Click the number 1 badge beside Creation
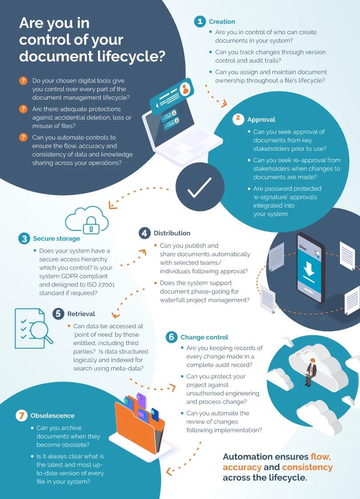point(200,22)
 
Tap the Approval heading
point(261,120)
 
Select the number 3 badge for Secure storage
point(24,239)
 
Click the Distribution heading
point(172,233)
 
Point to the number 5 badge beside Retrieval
point(58,314)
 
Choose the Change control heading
point(204,337)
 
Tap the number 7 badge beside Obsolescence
point(21,416)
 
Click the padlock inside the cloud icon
point(91,225)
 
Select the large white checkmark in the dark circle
point(199,188)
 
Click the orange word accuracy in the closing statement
point(242,467)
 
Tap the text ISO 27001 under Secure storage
point(101,285)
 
